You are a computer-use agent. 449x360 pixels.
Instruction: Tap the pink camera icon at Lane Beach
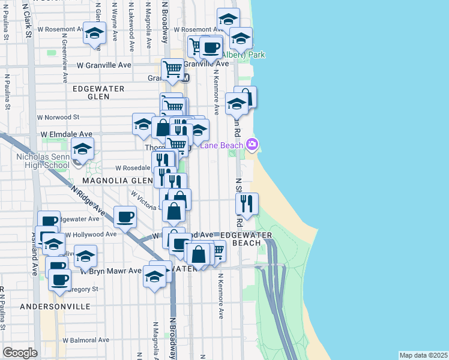click(x=252, y=144)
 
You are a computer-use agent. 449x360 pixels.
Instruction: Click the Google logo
click(x=20, y=353)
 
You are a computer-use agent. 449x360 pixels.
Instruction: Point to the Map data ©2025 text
click(x=423, y=355)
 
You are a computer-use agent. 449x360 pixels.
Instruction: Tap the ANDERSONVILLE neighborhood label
click(x=55, y=306)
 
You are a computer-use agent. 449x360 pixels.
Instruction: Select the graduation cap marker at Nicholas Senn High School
click(x=82, y=149)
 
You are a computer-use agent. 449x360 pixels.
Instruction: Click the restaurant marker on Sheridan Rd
click(x=247, y=204)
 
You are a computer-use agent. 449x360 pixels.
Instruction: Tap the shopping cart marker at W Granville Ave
click(x=173, y=69)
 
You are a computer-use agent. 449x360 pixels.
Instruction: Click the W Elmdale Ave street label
click(x=66, y=134)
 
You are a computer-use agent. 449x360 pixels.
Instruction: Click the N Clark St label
click(x=28, y=23)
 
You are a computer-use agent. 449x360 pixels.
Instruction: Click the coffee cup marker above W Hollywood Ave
click(x=125, y=217)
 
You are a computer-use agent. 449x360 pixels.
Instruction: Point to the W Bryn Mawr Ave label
click(x=111, y=271)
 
